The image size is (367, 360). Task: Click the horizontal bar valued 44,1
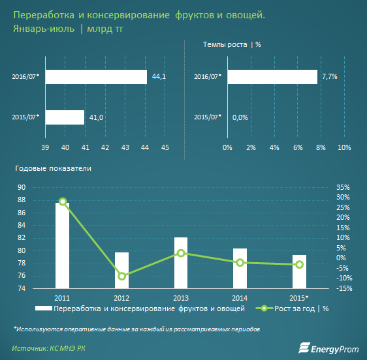[x=96, y=77]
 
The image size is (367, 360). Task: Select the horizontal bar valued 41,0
[x=65, y=117]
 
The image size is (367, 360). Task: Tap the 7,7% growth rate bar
[x=272, y=77]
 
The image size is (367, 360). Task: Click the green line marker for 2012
[x=122, y=276]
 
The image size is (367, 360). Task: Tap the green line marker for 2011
[x=63, y=202]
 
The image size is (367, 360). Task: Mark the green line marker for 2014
[x=240, y=262]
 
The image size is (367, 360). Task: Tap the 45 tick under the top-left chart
[x=165, y=148]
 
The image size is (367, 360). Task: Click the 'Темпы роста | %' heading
[x=232, y=44]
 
